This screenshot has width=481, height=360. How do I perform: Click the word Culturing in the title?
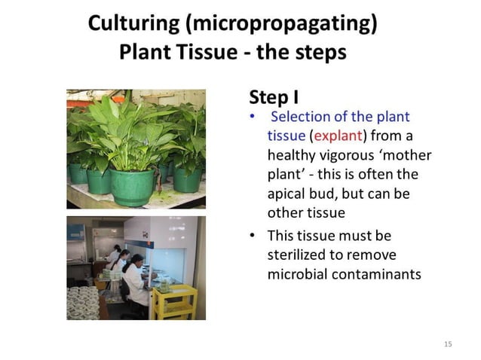pos(132,25)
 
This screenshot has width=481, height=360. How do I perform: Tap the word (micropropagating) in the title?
pos(278,25)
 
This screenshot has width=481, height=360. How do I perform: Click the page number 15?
pos(448,344)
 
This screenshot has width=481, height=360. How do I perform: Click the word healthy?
pos(290,155)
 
